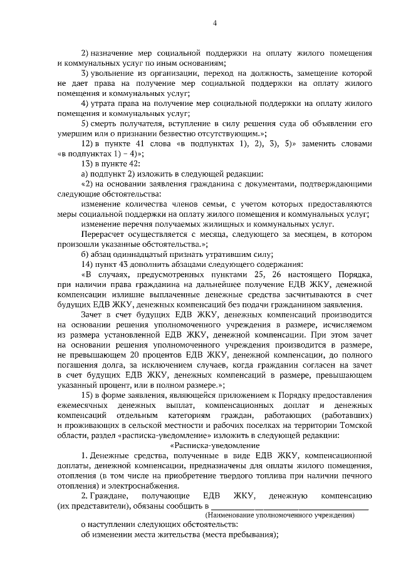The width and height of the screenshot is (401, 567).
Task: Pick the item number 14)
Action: [86, 264]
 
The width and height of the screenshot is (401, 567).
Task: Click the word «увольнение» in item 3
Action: [112, 73]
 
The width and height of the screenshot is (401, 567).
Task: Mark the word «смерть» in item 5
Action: [105, 123]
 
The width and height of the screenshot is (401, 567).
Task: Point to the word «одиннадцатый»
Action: [137, 254]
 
